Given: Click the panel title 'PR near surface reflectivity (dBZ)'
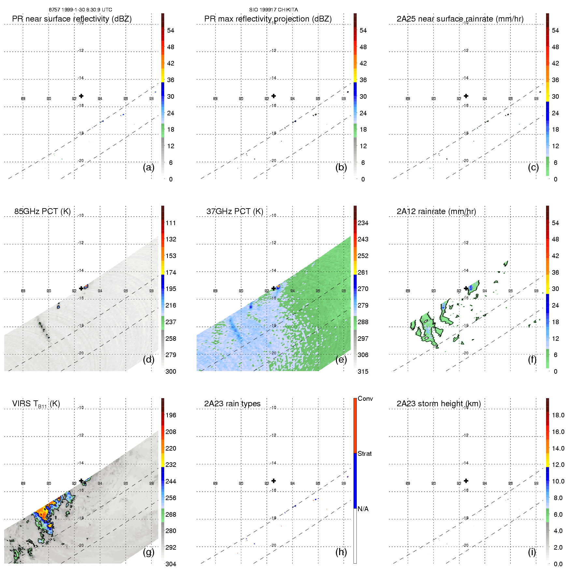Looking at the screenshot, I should coord(72,19).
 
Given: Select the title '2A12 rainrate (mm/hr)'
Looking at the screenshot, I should coord(436,211).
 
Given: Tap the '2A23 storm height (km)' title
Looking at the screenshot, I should coord(439,404).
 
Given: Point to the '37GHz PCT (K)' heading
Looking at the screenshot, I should coord(235,211).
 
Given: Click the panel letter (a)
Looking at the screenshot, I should coord(149,167).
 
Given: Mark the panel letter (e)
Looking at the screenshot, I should coord(341,359).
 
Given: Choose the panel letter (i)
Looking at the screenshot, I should coord(532,552).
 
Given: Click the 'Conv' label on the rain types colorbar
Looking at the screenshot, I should coord(365,398).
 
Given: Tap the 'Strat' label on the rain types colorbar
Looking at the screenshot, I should coord(365,454).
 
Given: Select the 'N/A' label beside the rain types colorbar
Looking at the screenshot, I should coord(363,509).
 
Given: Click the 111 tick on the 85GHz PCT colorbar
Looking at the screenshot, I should coord(171,223).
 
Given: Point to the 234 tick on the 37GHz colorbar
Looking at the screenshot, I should coord(363,223).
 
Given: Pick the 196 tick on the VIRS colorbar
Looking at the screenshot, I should coord(171,415).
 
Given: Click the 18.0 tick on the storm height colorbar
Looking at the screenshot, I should coord(558,415).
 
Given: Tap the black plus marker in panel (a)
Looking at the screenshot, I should coord(81,96).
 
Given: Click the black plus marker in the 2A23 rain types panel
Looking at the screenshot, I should coord(274,481).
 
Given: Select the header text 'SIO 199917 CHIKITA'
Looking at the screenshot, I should coord(273,10).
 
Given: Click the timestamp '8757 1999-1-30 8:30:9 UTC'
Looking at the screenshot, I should coord(80,10).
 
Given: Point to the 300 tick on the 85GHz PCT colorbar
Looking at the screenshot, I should coord(171,371).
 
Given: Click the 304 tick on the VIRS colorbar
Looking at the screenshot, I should coord(171,564).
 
